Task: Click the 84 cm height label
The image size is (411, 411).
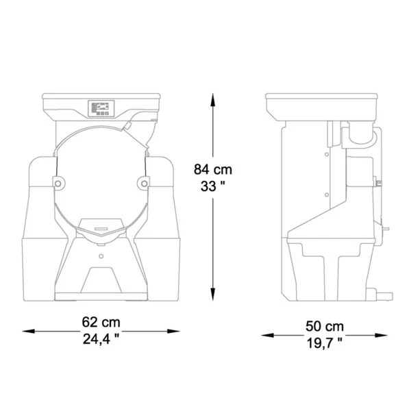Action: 213,169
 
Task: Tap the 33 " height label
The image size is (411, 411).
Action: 213,186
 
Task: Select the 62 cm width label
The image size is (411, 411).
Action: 101,322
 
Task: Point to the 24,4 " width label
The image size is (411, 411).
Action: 101,339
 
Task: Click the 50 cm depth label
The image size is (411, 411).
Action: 325,326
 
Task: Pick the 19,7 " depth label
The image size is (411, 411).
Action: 325,343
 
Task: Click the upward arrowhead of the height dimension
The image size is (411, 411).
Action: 213,100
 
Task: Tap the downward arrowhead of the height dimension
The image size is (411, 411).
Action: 213,294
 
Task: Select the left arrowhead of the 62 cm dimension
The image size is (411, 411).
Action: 28,332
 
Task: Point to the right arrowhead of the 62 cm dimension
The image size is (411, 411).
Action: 173,332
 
